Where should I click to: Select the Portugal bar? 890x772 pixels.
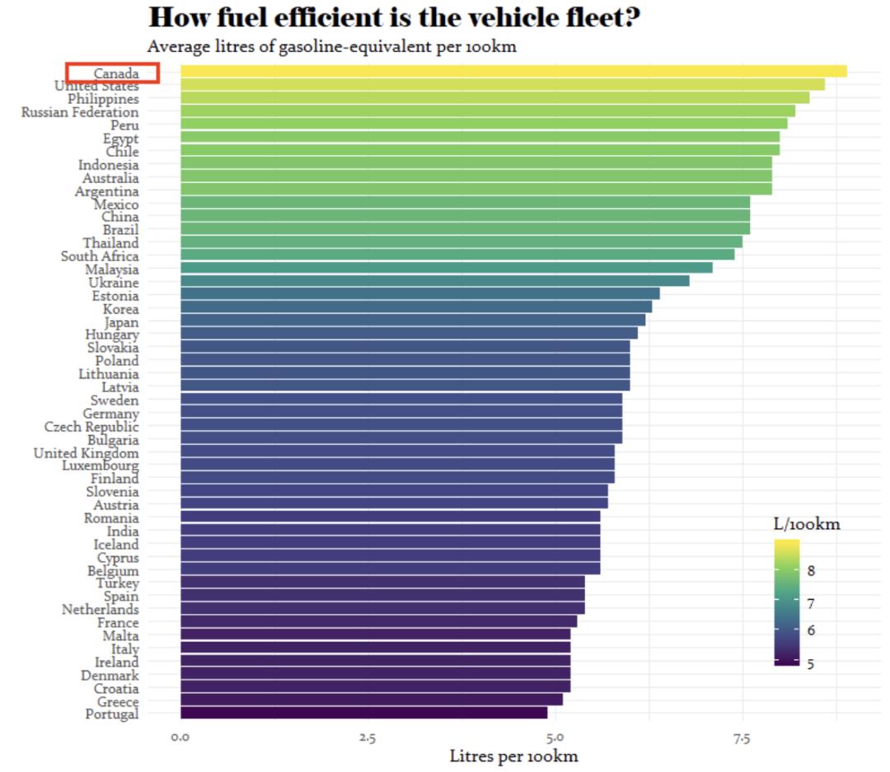point(363,713)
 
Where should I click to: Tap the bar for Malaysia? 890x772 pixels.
point(446,268)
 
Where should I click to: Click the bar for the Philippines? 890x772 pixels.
point(494,98)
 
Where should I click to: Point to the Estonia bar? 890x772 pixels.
point(419,294)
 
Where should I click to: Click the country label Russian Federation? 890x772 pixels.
point(80,112)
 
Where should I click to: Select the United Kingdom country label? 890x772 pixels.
point(87,453)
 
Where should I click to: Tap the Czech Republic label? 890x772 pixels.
point(91,427)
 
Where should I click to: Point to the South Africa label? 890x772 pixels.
point(100,256)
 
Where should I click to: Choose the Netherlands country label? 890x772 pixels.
point(101,610)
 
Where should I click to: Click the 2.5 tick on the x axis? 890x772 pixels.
point(368,737)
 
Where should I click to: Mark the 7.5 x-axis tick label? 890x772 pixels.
point(742,737)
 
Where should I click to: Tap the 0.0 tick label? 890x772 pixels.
point(180,737)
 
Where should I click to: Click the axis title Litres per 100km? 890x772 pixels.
point(513,756)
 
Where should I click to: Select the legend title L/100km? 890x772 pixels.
point(806,525)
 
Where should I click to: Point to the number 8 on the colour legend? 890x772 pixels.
point(811,571)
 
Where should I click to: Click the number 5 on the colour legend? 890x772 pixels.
point(811,663)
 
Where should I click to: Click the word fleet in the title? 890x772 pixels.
point(605,16)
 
